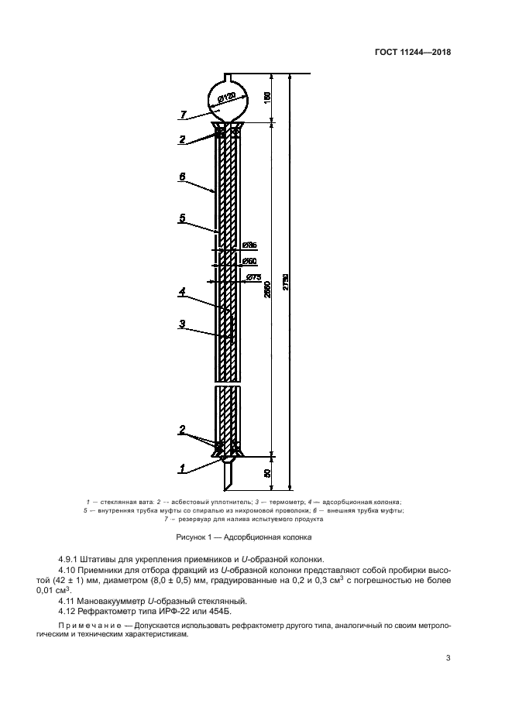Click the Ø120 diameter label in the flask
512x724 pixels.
[x=226, y=98]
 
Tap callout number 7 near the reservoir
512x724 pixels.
[x=183, y=115]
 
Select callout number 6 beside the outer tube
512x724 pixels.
[x=182, y=177]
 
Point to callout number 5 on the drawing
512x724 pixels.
[x=182, y=219]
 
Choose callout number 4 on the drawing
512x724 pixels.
[x=182, y=292]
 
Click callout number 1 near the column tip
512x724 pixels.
[x=182, y=468]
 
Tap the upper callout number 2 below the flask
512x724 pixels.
[x=182, y=139]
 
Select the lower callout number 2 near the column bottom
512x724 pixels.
[x=182, y=429]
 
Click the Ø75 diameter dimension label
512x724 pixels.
[x=253, y=277]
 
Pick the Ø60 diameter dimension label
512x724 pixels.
[x=249, y=261]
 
